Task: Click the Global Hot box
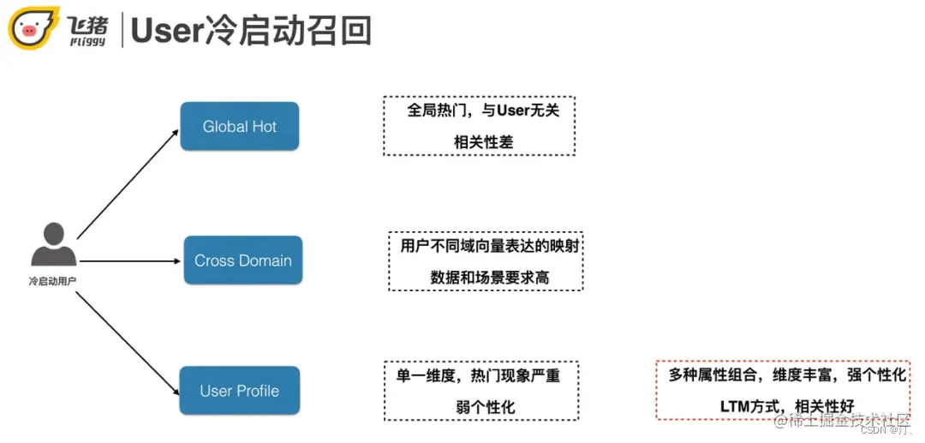[239, 127]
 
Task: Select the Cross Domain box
[243, 260]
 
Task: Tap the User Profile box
[239, 391]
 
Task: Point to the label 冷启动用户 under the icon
[53, 280]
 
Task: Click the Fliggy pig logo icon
[33, 29]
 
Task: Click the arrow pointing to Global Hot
[128, 183]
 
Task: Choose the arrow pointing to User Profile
[128, 339]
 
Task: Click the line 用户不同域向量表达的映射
[485, 247]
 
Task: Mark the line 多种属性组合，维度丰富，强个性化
[786, 375]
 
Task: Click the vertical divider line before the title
[123, 29]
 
